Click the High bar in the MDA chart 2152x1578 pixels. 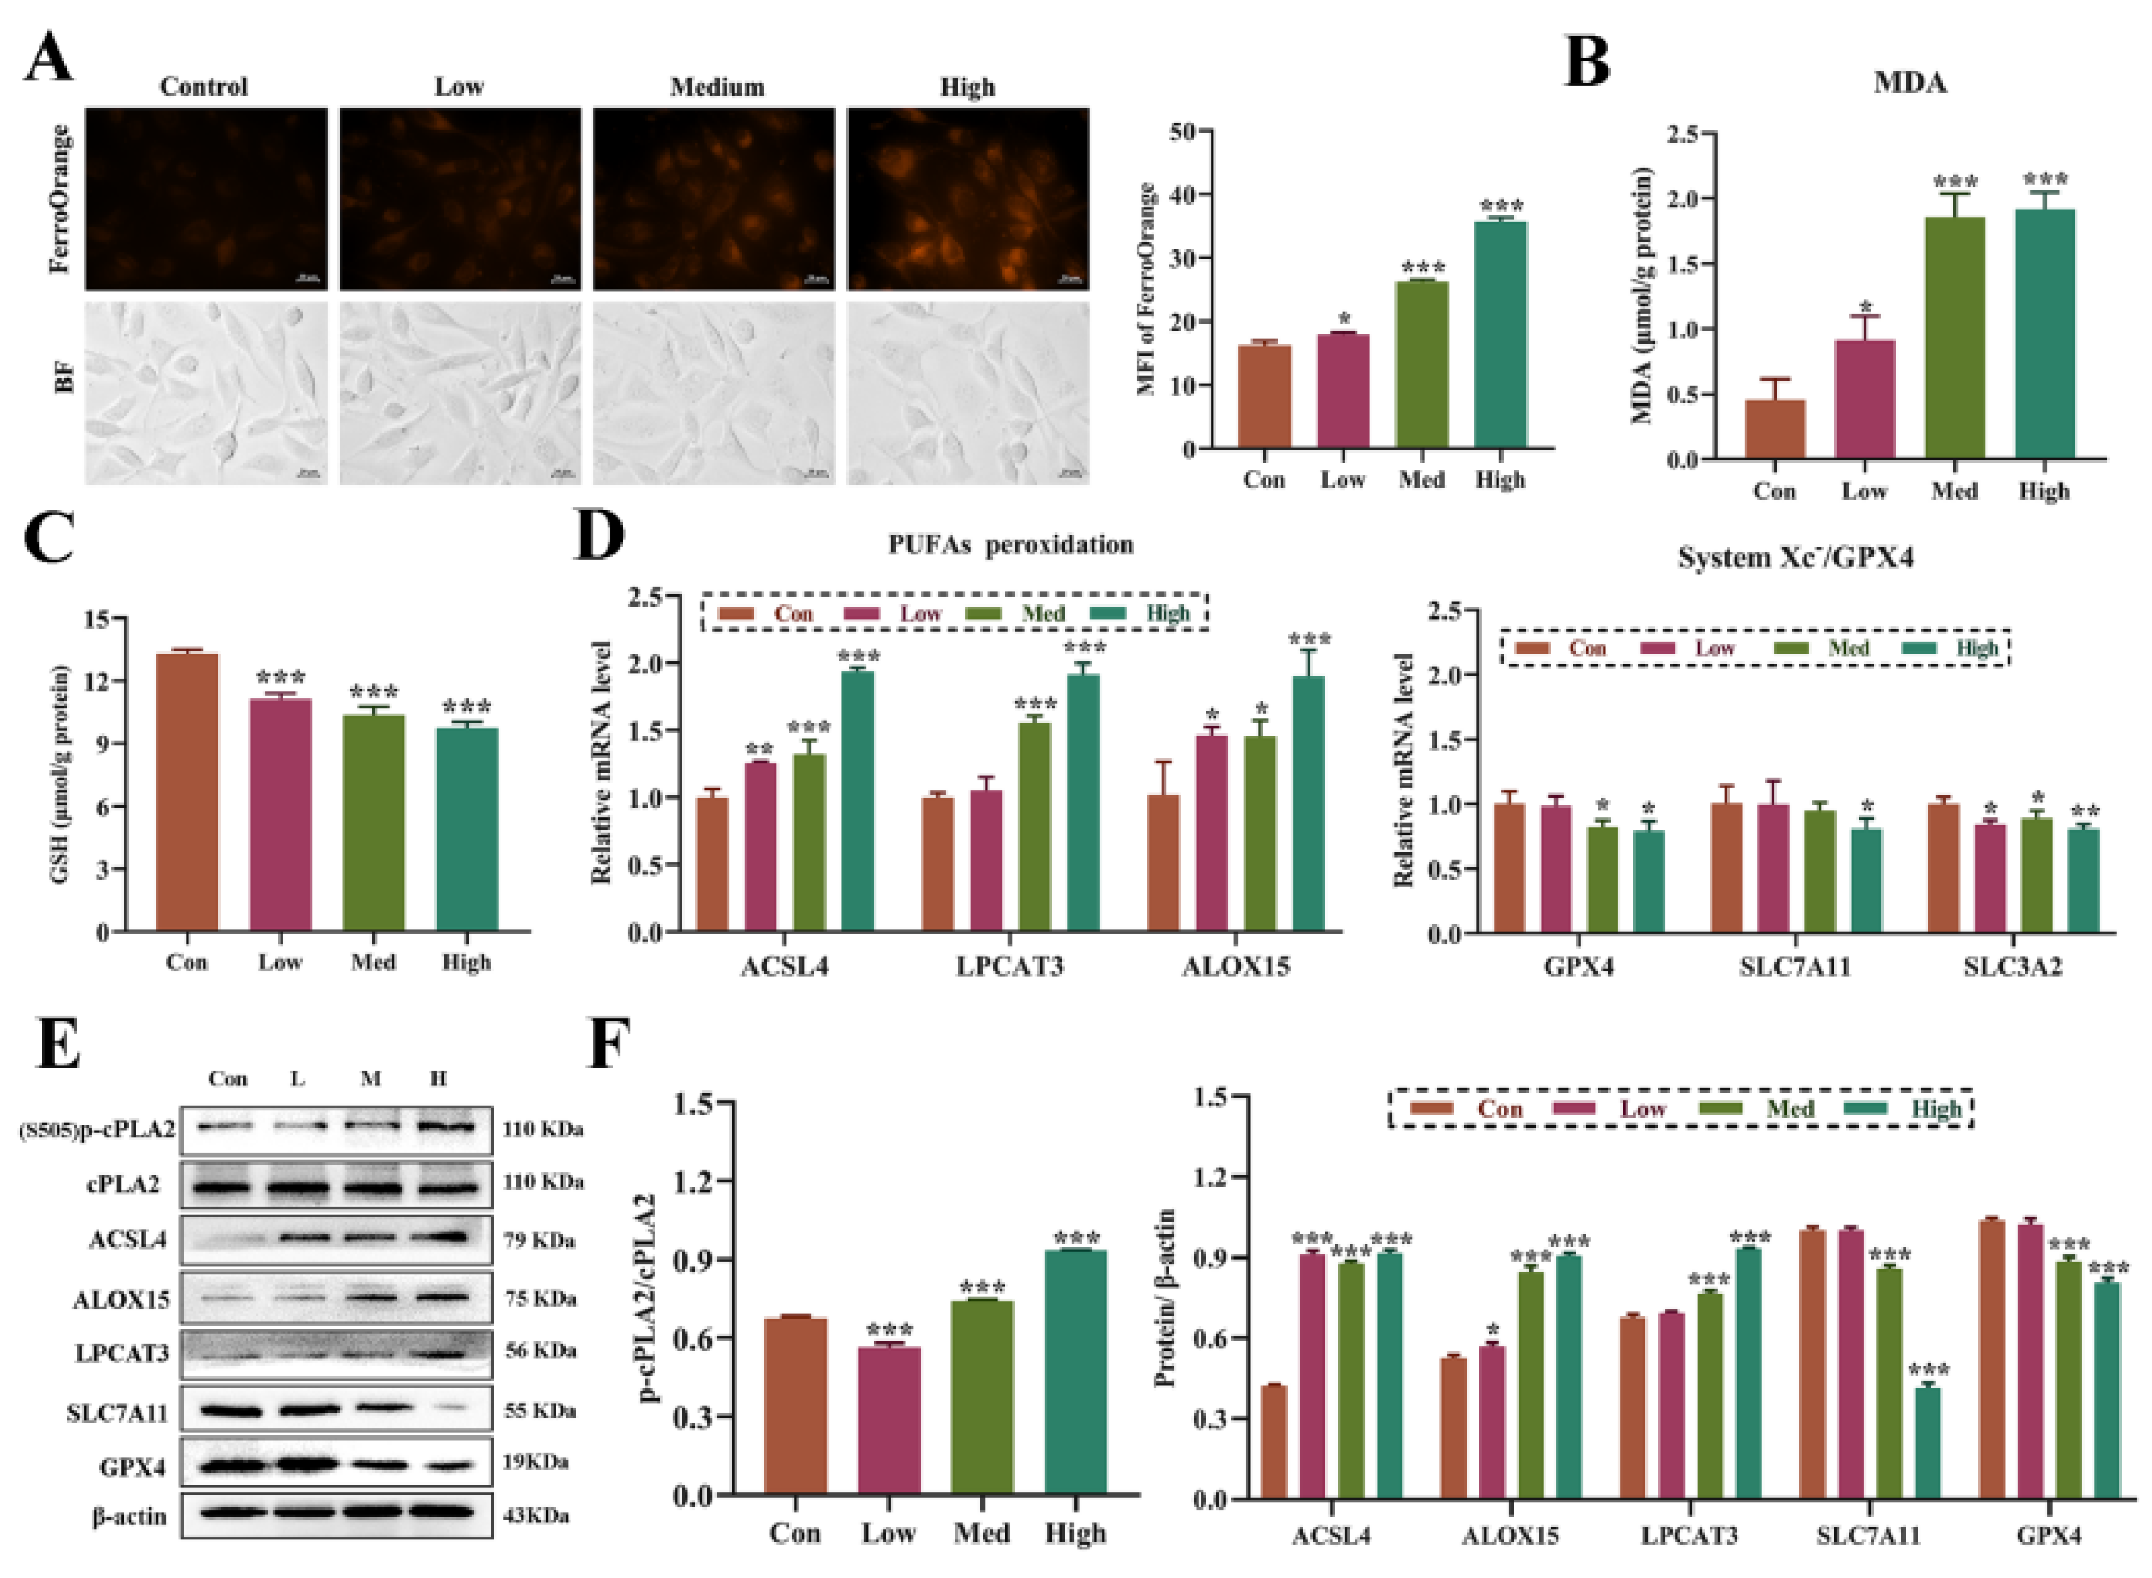(2044, 334)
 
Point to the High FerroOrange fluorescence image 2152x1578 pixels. (968, 199)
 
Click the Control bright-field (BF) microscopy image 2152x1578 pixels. (206, 394)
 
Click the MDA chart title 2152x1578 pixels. (1910, 83)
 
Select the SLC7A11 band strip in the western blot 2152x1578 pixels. (336, 1410)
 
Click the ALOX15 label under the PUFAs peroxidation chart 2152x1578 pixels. (1235, 967)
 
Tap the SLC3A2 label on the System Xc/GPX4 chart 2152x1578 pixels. (2012, 967)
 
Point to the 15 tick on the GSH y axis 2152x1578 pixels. (97, 619)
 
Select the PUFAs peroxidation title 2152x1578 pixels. (1011, 544)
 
